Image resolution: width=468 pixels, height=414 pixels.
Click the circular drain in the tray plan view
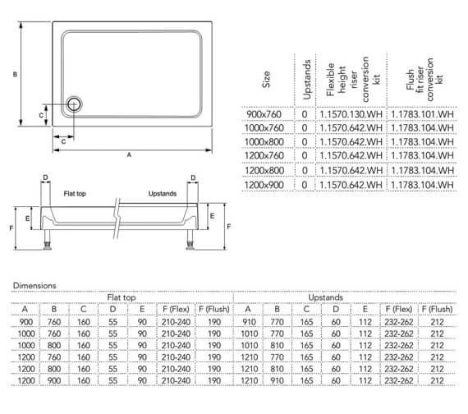tap(75, 103)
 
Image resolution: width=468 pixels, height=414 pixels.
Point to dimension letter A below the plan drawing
tap(128, 154)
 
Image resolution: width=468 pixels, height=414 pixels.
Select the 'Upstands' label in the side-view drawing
tap(162, 194)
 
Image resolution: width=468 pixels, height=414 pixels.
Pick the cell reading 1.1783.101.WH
tap(423, 113)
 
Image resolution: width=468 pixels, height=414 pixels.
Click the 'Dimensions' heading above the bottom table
tap(34, 285)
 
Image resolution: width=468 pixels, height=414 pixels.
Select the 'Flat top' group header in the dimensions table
tap(122, 297)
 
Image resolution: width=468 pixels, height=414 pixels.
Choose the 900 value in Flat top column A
tap(25, 323)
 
